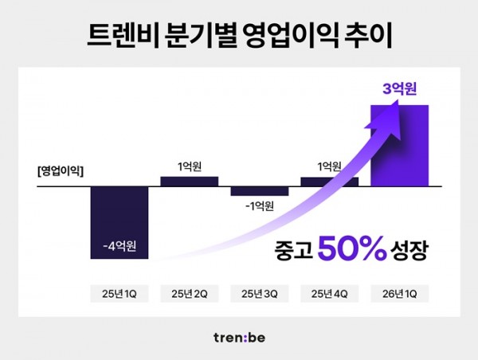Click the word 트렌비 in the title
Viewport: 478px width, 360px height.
[119, 36]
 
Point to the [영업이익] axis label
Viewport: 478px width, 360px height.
[60, 169]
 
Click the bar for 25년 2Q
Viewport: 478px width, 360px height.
[190, 182]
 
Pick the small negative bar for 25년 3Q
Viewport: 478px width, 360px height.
[259, 192]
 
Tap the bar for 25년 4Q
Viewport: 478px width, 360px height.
[329, 182]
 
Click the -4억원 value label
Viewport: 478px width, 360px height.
[119, 245]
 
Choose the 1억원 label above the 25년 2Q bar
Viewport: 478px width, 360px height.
[190, 166]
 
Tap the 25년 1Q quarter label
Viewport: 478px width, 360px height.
[119, 294]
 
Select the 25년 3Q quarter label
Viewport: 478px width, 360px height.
[259, 294]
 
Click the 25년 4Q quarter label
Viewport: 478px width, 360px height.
[329, 294]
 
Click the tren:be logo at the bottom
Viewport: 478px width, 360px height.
[238, 337]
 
